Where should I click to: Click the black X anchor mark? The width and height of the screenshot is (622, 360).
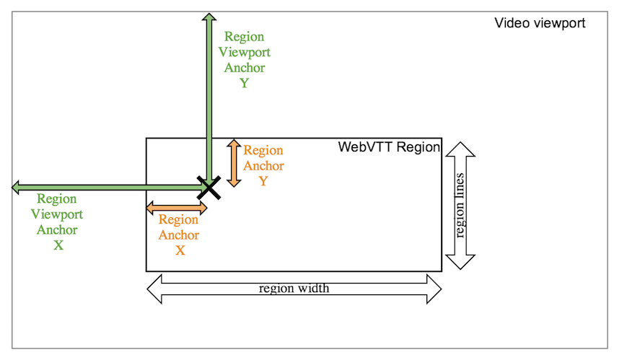(x=209, y=188)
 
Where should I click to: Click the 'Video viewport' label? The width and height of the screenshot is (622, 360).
(x=539, y=23)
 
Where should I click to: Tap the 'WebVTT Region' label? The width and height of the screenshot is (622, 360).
(x=388, y=147)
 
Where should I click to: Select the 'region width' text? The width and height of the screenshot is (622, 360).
(x=294, y=289)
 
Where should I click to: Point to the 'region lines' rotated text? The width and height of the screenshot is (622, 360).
(x=460, y=205)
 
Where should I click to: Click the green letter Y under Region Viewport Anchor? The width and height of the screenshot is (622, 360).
(x=244, y=83)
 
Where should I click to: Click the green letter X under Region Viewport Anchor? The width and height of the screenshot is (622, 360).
(x=58, y=245)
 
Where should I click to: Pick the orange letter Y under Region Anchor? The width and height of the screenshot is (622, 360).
(x=263, y=181)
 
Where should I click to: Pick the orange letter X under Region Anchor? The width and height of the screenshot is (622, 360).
(x=180, y=250)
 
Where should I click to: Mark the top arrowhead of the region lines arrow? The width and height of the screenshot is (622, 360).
(x=460, y=149)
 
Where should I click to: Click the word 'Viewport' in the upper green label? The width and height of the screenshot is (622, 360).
(x=244, y=52)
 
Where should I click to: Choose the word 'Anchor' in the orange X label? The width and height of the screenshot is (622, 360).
(x=179, y=235)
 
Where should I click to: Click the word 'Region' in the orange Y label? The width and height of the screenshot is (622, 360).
(x=263, y=150)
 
